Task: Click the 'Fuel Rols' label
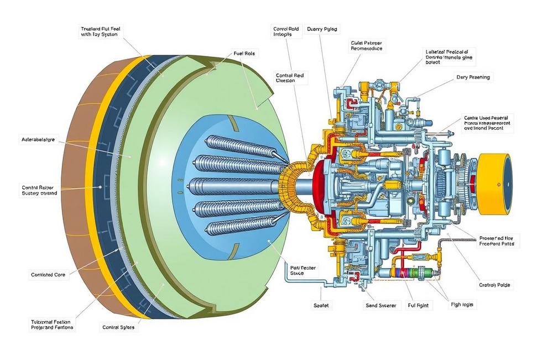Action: [239, 54]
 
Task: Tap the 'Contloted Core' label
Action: [49, 274]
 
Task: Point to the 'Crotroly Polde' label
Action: [494, 285]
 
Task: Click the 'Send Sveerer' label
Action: [381, 305]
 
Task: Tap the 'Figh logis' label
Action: [463, 305]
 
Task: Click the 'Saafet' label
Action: [322, 305]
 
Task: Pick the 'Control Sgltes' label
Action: [118, 327]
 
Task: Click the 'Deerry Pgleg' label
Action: [321, 29]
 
